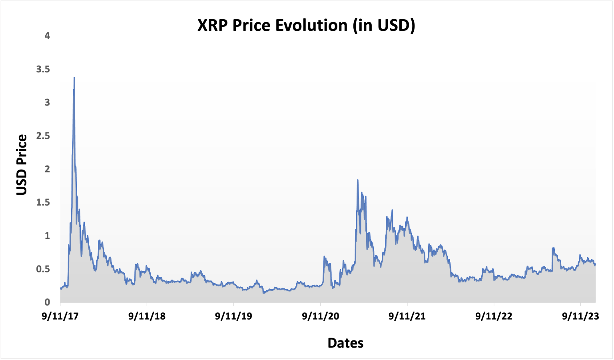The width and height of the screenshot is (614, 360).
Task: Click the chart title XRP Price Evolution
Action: point(306,25)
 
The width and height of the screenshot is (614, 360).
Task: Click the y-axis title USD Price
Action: point(22,165)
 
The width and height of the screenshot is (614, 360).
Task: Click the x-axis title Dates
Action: point(345,343)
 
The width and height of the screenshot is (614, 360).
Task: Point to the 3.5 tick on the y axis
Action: point(43,69)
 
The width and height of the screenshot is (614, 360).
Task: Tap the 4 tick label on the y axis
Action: point(48,36)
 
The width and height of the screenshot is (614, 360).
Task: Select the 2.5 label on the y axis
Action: point(43,136)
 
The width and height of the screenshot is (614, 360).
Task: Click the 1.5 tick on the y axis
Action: point(43,202)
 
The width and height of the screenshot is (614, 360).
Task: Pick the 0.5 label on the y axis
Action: point(43,269)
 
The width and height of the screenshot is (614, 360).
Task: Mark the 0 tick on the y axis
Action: point(48,302)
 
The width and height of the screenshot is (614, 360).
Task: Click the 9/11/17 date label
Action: point(60,316)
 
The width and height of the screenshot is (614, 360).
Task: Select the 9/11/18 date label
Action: point(147,316)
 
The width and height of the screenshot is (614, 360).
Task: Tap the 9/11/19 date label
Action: point(233,316)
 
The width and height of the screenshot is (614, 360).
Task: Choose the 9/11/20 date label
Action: point(321,316)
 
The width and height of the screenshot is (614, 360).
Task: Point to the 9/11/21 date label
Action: point(407,316)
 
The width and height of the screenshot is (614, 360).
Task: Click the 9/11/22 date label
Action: point(494,316)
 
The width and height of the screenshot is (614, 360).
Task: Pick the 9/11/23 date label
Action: point(581,316)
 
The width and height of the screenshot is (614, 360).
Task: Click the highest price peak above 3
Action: point(74,78)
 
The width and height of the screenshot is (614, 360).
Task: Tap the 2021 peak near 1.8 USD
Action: point(358,180)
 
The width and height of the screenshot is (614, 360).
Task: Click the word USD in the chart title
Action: point(391,25)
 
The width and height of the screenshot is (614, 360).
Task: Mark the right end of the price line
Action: point(596,264)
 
